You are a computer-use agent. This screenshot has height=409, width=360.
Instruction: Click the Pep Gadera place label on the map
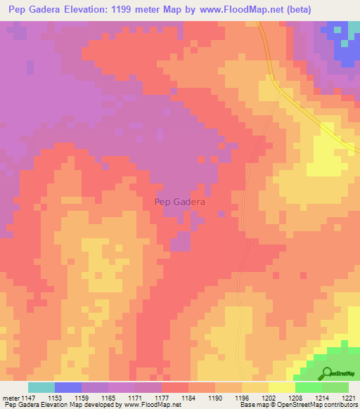[x=179, y=202]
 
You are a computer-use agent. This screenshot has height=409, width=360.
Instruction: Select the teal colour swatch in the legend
[x=41, y=387]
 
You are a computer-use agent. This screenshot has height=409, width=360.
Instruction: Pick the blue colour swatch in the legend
[x=68, y=387]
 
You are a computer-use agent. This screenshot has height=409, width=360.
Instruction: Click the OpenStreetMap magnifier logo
[x=326, y=374]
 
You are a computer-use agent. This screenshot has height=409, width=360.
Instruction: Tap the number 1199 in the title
[x=128, y=10]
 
